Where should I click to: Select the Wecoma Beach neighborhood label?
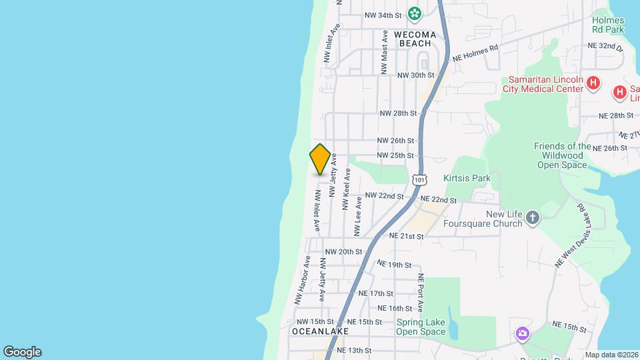415,39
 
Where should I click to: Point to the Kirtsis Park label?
467,178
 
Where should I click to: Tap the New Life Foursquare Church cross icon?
532,217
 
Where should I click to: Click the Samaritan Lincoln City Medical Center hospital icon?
595,85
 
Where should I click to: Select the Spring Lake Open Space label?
420,327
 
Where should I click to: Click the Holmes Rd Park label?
608,25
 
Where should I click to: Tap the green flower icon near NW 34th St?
415,13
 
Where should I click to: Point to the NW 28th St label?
398,113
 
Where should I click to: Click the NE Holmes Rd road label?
475,53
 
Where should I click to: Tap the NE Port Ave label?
421,293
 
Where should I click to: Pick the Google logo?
22,352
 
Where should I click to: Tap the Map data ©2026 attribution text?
611,355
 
